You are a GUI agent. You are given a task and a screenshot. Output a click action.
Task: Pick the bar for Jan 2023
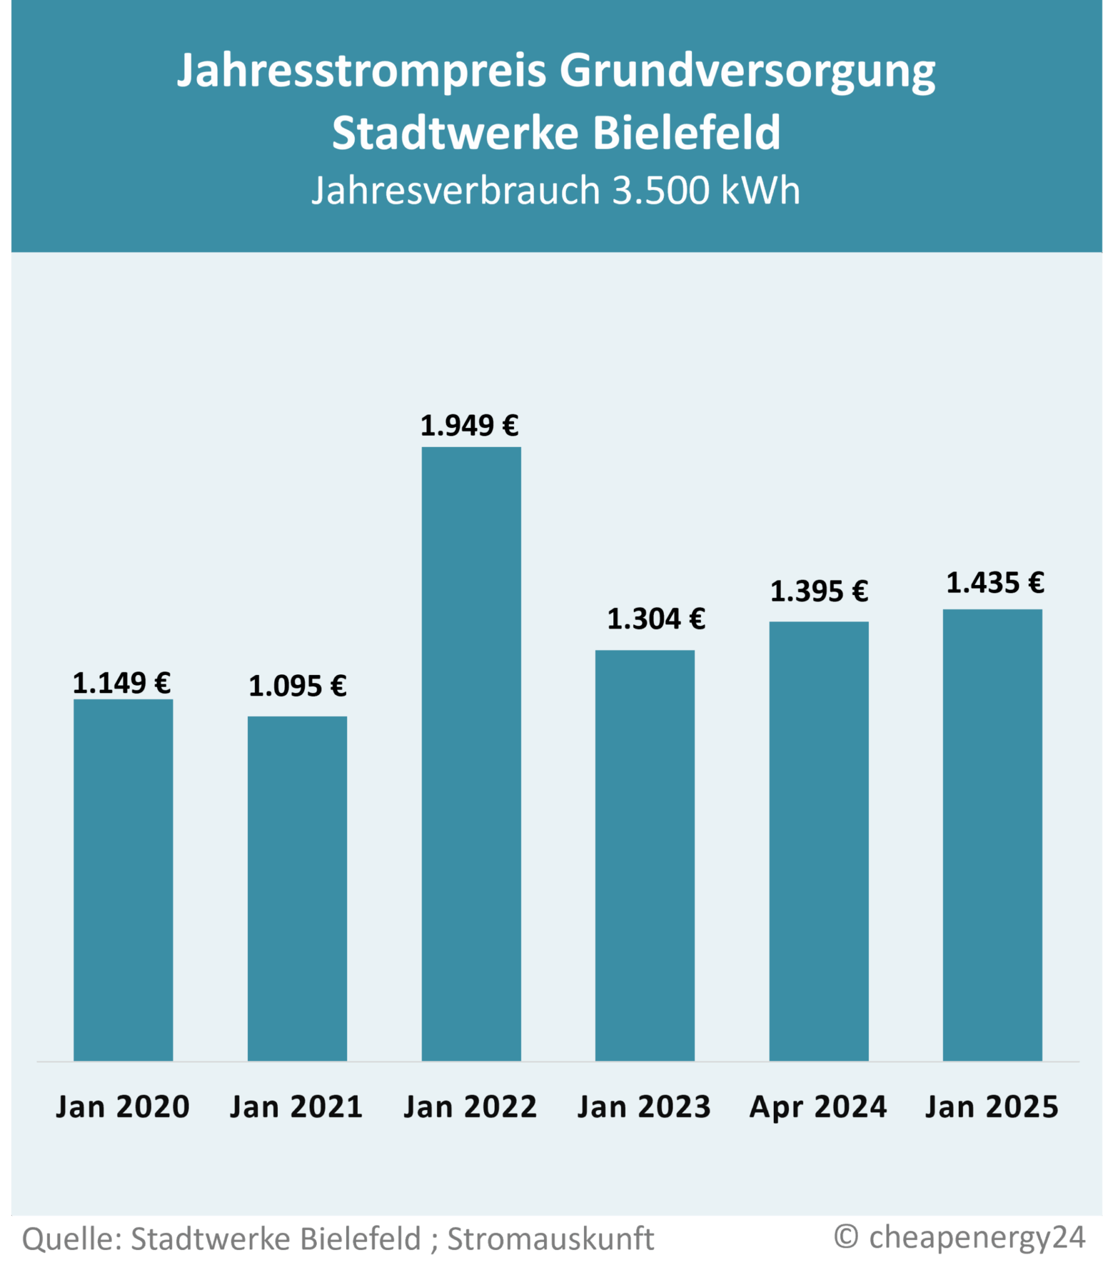coord(645,856)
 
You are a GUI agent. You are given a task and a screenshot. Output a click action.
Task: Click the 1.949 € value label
coord(470,426)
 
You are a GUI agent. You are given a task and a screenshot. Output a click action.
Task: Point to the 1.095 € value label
coord(297,686)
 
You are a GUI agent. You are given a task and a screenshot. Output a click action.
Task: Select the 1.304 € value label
coord(656,619)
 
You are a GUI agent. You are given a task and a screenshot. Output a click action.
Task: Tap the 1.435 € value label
coord(995,582)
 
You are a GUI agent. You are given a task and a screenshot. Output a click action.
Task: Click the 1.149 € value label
coord(122,682)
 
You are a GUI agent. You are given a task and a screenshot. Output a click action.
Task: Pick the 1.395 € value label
coord(819,591)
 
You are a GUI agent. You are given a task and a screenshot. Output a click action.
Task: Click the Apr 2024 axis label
coord(818,1107)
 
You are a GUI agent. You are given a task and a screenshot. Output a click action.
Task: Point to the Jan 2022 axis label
coord(470,1107)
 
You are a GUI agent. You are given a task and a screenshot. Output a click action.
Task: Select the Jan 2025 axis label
coord(992,1107)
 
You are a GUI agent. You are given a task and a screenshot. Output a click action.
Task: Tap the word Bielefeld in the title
coord(686,133)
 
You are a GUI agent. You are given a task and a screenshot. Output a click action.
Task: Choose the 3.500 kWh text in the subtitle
coord(706,190)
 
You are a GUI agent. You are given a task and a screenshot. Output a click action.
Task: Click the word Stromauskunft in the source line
coord(551,1239)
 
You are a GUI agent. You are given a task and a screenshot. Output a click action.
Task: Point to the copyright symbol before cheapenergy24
coord(846,1236)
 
